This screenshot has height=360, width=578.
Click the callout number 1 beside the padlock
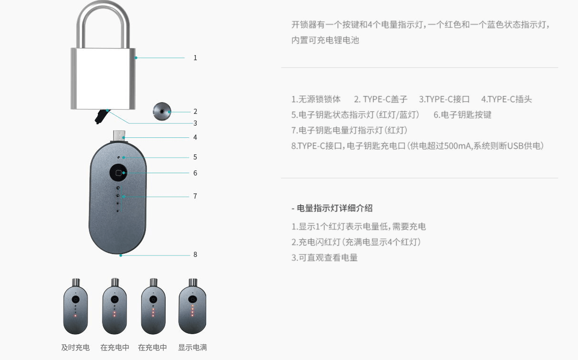coord(195,58)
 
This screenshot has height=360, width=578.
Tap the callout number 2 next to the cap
coord(195,112)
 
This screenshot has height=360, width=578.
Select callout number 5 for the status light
coord(195,157)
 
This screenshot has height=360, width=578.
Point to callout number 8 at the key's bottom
coord(195,255)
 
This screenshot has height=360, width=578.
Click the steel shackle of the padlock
coord(103,19)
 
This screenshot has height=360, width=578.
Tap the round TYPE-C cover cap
coord(161,112)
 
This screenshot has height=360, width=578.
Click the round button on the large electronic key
coord(118,173)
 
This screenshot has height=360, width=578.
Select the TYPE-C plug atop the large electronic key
coord(120,135)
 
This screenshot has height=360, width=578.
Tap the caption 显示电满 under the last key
coord(192,348)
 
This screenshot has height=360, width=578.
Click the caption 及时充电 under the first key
coord(75,348)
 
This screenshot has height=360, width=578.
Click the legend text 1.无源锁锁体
coord(316,99)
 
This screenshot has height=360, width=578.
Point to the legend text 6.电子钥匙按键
coord(462,115)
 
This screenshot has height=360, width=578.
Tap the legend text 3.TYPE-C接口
coord(444,99)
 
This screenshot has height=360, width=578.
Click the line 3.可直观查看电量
coord(324,258)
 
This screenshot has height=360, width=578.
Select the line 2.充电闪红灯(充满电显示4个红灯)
coord(356,242)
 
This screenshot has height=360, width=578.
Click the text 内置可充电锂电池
coord(325,40)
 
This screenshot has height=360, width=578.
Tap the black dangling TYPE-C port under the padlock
coord(100,116)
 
